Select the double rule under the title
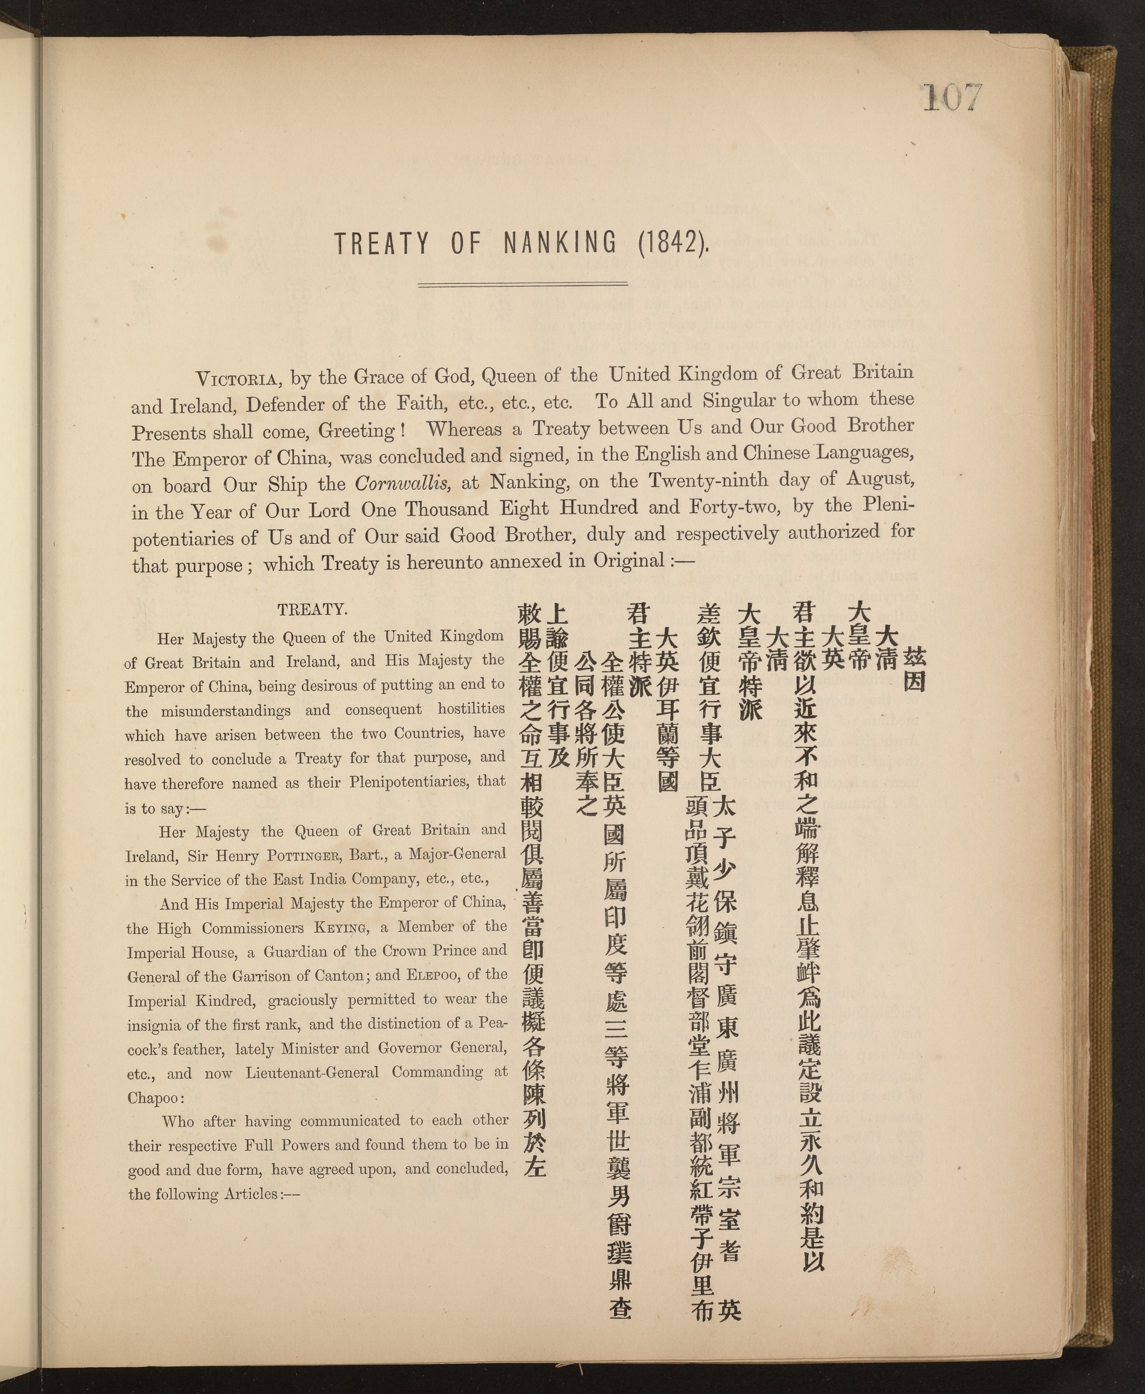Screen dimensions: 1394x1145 click(x=522, y=285)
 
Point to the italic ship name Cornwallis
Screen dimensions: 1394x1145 click(x=403, y=484)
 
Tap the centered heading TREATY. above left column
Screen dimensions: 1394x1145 click(x=312, y=609)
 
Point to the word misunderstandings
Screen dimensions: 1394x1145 click(x=226, y=712)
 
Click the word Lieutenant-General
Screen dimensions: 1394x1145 click(x=312, y=1073)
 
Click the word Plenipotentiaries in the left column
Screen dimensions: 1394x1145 click(x=404, y=783)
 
